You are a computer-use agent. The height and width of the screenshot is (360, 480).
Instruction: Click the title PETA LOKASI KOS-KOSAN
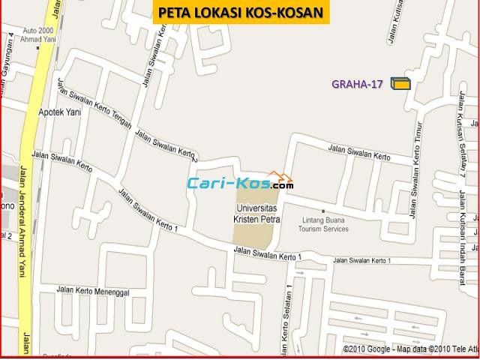[x=241, y=12]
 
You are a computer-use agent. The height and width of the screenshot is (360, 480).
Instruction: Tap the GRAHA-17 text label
[x=358, y=84]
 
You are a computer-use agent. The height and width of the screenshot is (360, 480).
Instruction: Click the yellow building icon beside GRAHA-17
[x=400, y=84]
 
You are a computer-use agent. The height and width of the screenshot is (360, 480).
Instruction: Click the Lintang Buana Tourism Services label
[x=330, y=224]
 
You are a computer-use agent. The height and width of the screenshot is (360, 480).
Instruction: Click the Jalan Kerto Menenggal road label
[x=92, y=289]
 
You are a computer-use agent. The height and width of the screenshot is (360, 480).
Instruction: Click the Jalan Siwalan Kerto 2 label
[x=166, y=147]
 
